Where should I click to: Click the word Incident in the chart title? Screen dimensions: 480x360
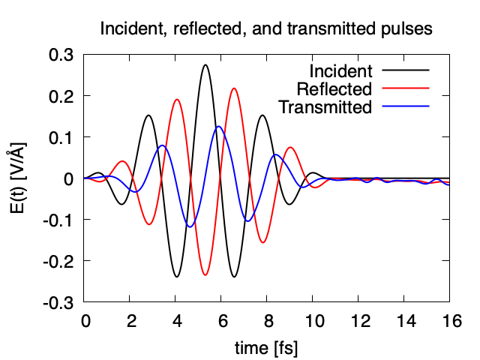click(x=132, y=28)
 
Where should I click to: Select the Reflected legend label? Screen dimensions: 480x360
click(x=334, y=89)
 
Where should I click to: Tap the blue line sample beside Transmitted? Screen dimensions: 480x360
click(x=406, y=106)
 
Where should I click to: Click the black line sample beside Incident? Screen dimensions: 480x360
click(x=406, y=70)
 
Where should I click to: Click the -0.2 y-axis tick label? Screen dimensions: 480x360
click(x=58, y=261)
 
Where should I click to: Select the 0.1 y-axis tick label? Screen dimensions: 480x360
click(x=61, y=137)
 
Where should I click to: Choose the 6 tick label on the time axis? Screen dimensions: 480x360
click(x=223, y=321)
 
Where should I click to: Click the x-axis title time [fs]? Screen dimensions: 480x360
click(x=266, y=348)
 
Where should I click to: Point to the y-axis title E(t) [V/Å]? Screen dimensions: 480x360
click(x=18, y=178)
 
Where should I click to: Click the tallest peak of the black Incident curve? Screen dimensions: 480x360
click(x=205, y=64)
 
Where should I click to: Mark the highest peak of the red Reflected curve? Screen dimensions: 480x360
click(x=234, y=88)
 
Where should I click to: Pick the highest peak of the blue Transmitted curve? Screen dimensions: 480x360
click(x=218, y=127)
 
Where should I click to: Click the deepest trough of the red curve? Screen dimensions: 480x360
click(x=205, y=275)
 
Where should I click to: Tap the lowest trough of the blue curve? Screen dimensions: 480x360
click(x=190, y=226)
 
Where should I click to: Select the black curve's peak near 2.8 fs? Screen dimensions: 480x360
click(x=148, y=115)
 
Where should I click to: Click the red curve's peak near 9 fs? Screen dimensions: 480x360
click(x=290, y=147)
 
